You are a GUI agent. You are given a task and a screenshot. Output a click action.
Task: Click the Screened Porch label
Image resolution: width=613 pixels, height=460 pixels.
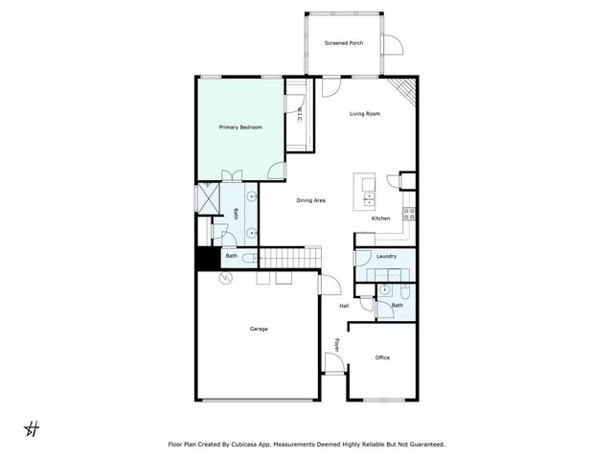pyautogui.click(x=344, y=43)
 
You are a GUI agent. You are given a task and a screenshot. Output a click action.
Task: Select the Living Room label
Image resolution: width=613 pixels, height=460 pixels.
pyautogui.click(x=365, y=114)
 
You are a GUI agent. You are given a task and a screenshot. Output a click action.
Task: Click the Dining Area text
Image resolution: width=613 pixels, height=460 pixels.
pyautogui.click(x=311, y=200)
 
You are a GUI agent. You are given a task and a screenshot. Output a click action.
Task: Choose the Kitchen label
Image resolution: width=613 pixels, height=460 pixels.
pyautogui.click(x=380, y=219)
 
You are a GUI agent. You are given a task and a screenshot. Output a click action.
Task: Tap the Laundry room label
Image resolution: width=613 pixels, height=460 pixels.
pyautogui.click(x=387, y=257)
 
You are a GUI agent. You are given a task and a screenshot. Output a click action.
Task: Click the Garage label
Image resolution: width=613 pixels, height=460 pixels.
pyautogui.click(x=259, y=329)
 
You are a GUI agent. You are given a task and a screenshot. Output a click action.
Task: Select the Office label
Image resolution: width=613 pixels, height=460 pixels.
pyautogui.click(x=382, y=357)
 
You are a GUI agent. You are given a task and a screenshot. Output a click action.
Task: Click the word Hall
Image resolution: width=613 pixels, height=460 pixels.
pyautogui.click(x=344, y=306)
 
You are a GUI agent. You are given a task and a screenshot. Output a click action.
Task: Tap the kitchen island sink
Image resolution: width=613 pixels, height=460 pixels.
pyautogui.click(x=369, y=198)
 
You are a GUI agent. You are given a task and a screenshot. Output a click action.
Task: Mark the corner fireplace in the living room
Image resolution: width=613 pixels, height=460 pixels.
pyautogui.click(x=408, y=91)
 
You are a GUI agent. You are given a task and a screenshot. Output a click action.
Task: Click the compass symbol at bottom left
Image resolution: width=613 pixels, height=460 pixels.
pyautogui.click(x=31, y=427)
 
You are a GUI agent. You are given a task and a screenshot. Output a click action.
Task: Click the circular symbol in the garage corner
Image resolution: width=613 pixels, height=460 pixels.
pyautogui.click(x=227, y=278)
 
